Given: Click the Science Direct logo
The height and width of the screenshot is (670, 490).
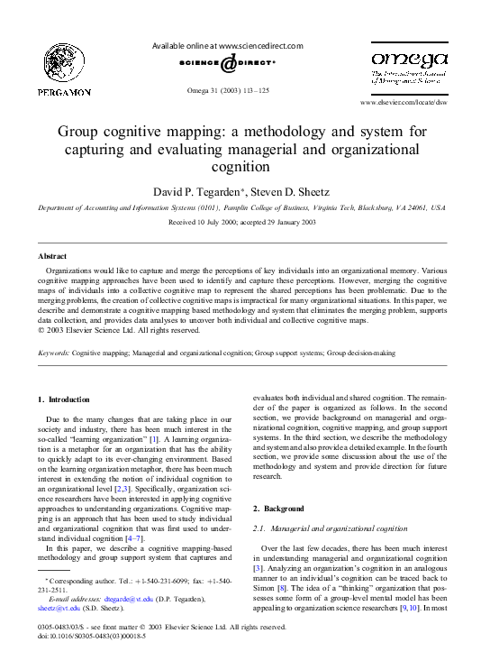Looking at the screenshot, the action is [227, 66].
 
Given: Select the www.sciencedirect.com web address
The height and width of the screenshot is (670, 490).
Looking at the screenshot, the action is [261, 46].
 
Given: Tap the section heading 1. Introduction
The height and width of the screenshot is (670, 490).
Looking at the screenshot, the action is [64, 399].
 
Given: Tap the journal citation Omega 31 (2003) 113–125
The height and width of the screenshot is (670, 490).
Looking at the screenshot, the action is [227, 91].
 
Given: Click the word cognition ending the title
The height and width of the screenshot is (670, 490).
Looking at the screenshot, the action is [245, 167].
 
